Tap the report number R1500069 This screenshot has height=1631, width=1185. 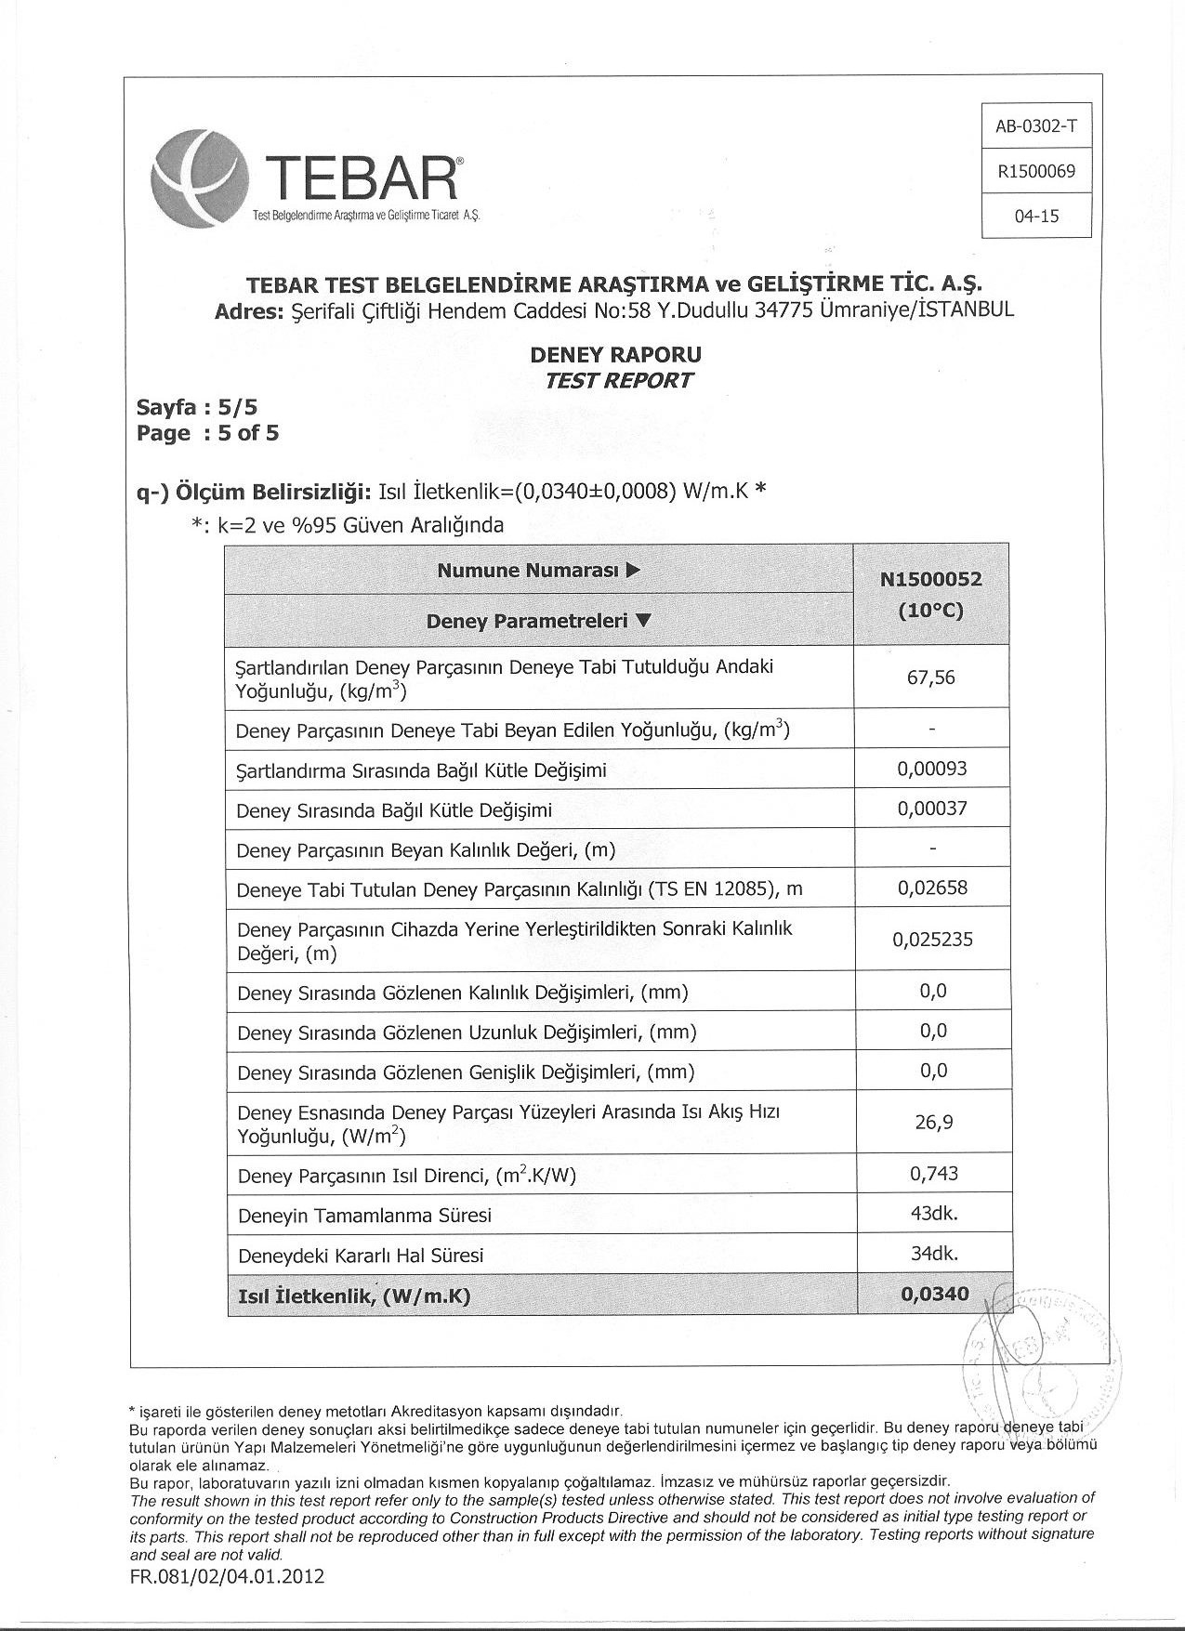tap(1035, 171)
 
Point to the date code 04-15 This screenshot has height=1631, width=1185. tap(1036, 217)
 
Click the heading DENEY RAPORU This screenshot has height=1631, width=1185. tap(615, 355)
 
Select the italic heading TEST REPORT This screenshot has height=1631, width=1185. tap(618, 381)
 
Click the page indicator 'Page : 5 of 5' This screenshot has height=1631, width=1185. tap(207, 433)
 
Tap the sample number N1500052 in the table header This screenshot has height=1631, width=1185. tap(931, 580)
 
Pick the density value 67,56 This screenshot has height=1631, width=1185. tap(931, 677)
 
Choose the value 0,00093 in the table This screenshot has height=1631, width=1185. tap(932, 769)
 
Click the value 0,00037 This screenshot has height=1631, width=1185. tap(932, 809)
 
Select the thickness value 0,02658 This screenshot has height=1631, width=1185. tap(932, 888)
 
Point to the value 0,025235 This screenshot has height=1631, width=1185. tap(932, 940)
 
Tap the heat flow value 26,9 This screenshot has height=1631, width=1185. tap(933, 1123)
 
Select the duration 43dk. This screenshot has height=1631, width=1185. tap(934, 1214)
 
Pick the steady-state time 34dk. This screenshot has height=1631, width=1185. tap(934, 1254)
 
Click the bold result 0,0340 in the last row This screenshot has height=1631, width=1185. tap(934, 1295)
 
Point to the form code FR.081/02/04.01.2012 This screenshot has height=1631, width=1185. tap(228, 1577)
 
